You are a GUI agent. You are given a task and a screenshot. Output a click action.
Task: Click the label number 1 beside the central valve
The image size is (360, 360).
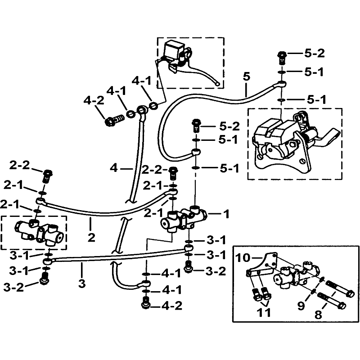pyautogui.click(x=226, y=215)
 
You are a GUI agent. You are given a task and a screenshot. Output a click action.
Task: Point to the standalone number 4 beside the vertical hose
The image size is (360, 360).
pyautogui.click(x=114, y=169)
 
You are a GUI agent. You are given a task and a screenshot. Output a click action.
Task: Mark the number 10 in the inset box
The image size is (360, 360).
pyautogui.click(x=243, y=258)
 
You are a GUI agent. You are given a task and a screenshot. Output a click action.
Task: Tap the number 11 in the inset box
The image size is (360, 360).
pyautogui.click(x=264, y=312)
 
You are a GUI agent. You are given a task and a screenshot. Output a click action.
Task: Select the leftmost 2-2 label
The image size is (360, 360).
pyautogui.click(x=19, y=165)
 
